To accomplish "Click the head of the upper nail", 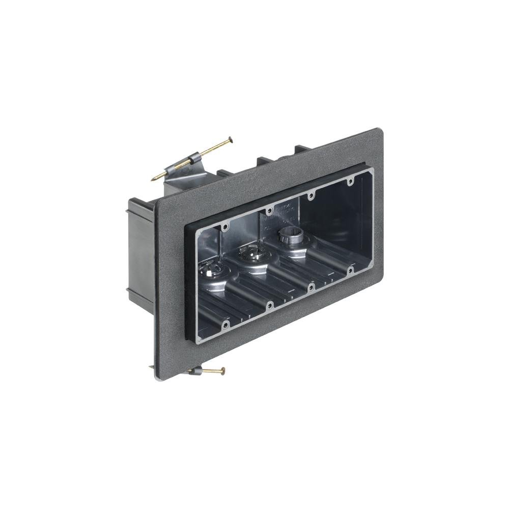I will [x=230, y=138].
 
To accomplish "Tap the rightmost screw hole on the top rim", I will [x=351, y=181].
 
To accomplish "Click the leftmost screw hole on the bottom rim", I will [x=225, y=325].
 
